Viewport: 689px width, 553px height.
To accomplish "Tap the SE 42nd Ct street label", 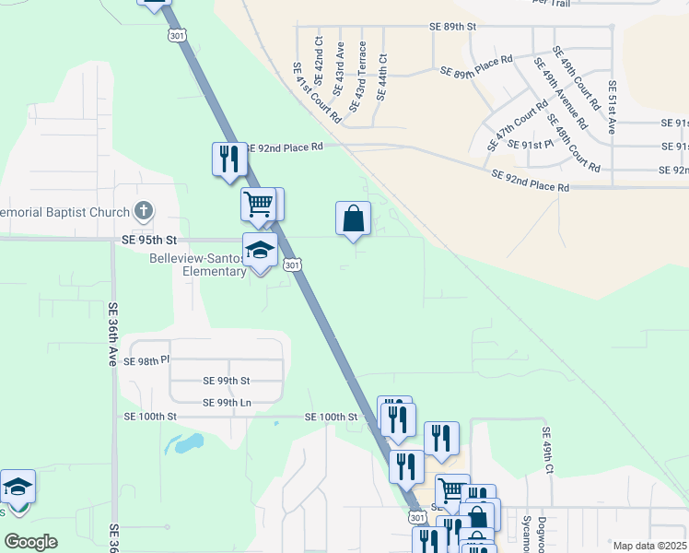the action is point(319,55).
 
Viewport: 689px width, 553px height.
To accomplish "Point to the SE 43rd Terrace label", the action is point(361,70).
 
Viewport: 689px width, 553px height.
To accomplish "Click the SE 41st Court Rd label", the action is point(317,93).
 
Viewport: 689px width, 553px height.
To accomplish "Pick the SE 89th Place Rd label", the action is point(475,66).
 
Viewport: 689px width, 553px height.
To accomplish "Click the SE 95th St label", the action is point(148,240).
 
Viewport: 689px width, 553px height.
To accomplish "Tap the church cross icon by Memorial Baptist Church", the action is point(143,212).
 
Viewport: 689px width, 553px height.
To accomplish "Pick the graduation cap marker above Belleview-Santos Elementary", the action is point(261,250).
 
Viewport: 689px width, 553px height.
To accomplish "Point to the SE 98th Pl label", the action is point(147,360).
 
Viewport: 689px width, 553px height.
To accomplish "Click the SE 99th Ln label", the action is point(227,402).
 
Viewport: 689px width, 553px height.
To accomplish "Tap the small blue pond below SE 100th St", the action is point(186,444).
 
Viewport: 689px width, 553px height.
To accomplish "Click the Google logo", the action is point(30,542).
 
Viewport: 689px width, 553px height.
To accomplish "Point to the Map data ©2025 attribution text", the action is point(649,546).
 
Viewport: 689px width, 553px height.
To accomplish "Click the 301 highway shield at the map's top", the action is point(176,35).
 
